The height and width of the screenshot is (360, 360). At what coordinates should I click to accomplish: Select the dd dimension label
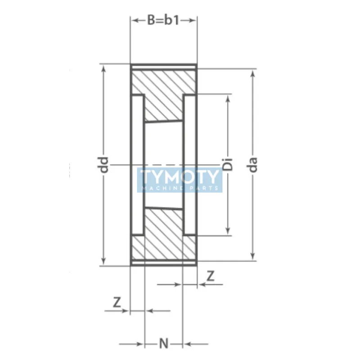tap(104, 165)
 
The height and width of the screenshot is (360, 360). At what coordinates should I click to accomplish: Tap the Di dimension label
tap(228, 165)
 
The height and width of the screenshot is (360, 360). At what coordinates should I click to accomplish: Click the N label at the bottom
tap(164, 344)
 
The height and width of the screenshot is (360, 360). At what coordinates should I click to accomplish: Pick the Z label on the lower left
tap(117, 302)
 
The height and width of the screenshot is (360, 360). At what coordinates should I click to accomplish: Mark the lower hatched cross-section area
tap(164, 236)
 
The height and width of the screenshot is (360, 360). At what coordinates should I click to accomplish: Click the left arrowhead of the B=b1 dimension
tap(134, 20)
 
